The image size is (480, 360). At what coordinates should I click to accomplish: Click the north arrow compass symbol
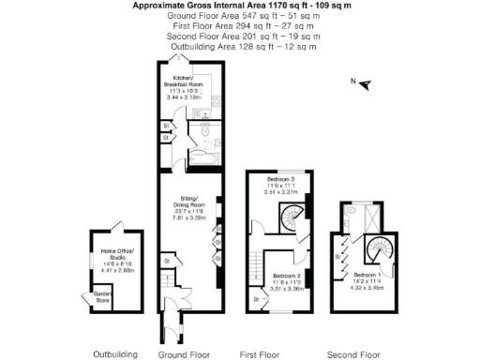pos(366,85)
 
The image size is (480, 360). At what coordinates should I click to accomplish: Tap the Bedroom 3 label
pos(279,179)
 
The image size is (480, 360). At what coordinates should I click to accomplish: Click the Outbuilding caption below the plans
pos(115,354)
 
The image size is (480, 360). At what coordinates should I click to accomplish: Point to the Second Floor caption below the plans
pos(352,354)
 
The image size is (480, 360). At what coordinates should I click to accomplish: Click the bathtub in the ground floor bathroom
pos(204,133)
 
